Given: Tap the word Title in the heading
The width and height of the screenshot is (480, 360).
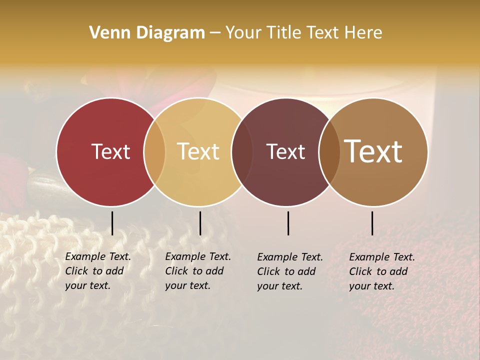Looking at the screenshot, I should [x=283, y=33].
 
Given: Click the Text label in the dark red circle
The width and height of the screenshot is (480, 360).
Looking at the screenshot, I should [x=110, y=151].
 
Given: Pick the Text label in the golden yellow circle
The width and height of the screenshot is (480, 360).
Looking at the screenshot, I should [x=198, y=151].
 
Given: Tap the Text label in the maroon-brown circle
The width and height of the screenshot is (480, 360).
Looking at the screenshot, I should [x=286, y=151].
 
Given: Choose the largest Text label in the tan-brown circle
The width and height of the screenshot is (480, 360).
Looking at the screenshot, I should [x=373, y=151].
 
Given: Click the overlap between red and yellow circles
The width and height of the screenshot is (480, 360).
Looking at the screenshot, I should [x=154, y=151].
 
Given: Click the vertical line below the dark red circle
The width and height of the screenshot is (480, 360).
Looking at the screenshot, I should [x=112, y=223].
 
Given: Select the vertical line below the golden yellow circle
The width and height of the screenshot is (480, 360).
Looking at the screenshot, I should [x=200, y=223].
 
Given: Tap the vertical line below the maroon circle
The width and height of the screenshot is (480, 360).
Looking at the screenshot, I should [x=288, y=223].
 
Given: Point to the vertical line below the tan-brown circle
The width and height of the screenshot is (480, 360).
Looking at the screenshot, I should [x=372, y=223].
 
